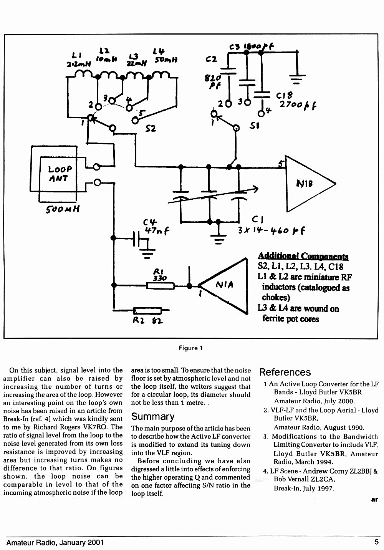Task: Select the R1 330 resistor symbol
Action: click(161, 286)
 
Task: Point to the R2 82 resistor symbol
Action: click(147, 311)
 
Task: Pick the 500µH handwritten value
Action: click(63, 209)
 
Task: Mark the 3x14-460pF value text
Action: click(271, 231)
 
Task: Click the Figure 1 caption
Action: click(191, 348)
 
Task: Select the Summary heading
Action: click(153, 416)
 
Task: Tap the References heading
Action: click(285, 372)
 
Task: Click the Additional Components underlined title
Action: click(303, 256)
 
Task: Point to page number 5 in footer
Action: click(377, 542)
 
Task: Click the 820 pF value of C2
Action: click(213, 81)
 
